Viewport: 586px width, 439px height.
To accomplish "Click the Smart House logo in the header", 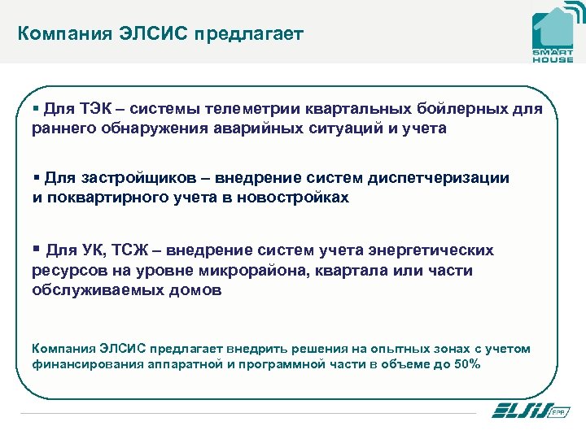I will tap(553, 34).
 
